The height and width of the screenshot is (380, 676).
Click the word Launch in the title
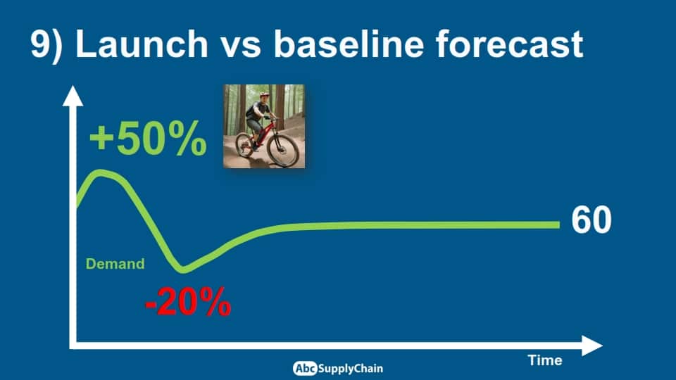(142, 44)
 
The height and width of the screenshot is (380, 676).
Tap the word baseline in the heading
(349, 44)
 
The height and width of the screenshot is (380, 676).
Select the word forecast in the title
(509, 44)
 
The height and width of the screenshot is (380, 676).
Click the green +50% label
(148, 138)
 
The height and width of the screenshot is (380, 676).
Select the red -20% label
(188, 302)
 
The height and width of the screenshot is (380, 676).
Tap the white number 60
(591, 220)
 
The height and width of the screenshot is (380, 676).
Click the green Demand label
(115, 264)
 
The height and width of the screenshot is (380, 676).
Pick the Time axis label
(545, 360)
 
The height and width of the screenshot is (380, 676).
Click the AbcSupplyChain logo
(337, 368)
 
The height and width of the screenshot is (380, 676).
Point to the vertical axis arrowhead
(73, 96)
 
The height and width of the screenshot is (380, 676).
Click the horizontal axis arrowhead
(592, 346)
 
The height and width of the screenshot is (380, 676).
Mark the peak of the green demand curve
(101, 173)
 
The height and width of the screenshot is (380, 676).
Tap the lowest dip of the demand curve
(183, 270)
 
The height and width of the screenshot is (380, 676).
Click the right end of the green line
(558, 224)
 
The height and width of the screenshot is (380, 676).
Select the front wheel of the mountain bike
(283, 149)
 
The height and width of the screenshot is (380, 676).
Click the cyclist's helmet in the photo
(264, 95)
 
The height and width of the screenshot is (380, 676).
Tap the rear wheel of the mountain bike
(244, 145)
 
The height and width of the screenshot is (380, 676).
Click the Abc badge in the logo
(305, 368)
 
